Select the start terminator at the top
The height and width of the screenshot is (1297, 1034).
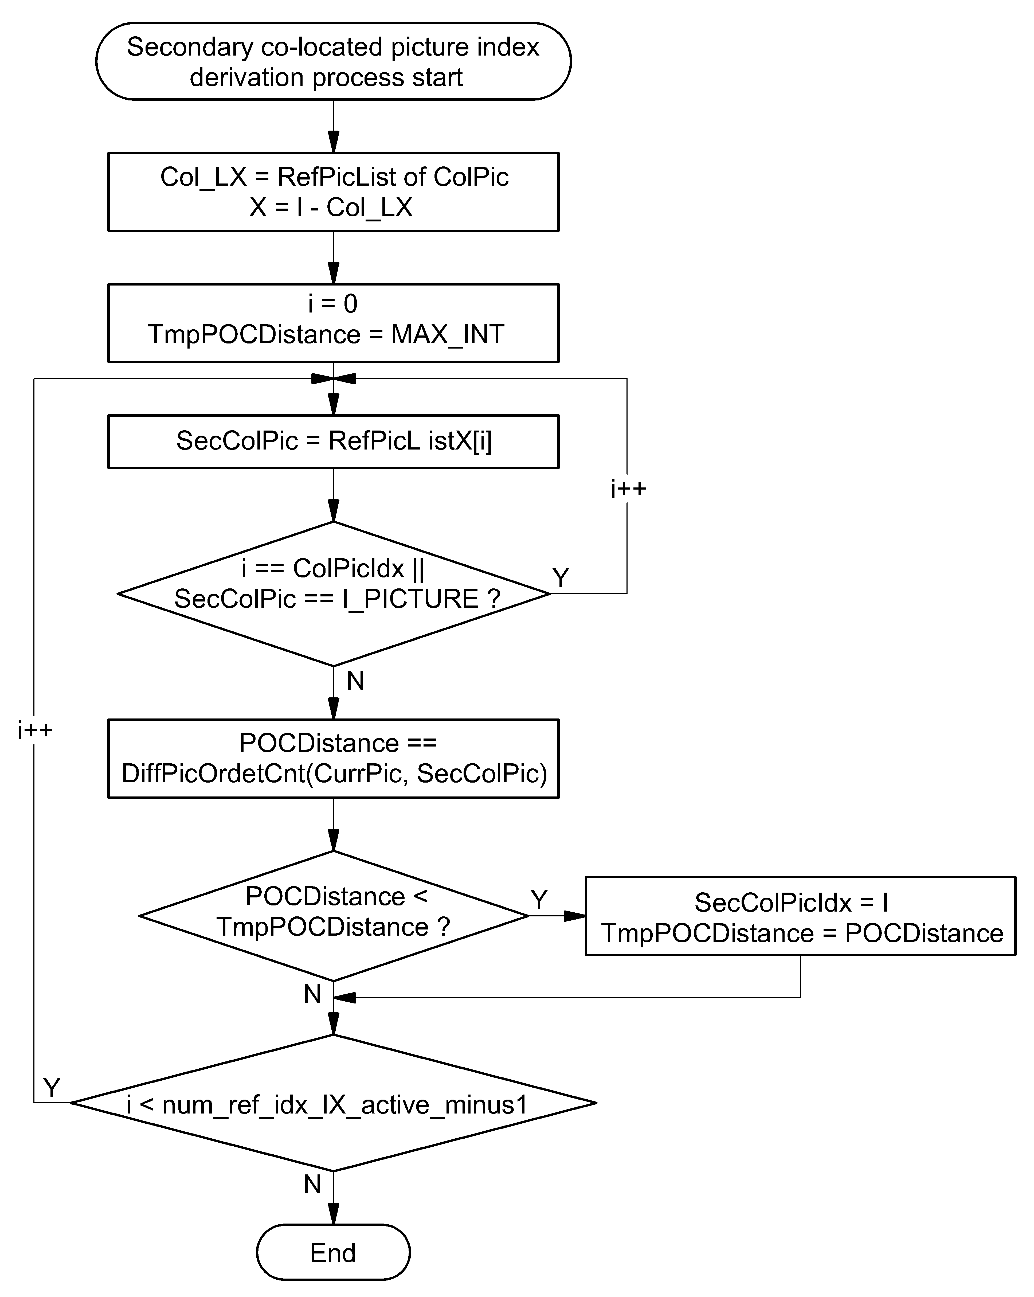pyautogui.click(x=333, y=61)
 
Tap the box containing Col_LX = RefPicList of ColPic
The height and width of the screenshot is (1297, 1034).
pyautogui.click(x=333, y=192)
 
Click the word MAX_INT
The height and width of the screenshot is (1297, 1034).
pyautogui.click(x=448, y=334)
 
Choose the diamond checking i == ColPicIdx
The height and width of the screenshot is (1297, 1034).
pyautogui.click(x=333, y=594)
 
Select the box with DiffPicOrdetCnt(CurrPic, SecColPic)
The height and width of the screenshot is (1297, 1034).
pyautogui.click(x=333, y=759)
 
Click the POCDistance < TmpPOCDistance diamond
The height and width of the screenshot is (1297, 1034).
pyautogui.click(x=333, y=916)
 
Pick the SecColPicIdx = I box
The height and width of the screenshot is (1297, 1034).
pyautogui.click(x=801, y=916)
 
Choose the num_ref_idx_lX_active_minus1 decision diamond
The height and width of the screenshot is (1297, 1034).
pyautogui.click(x=333, y=1103)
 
